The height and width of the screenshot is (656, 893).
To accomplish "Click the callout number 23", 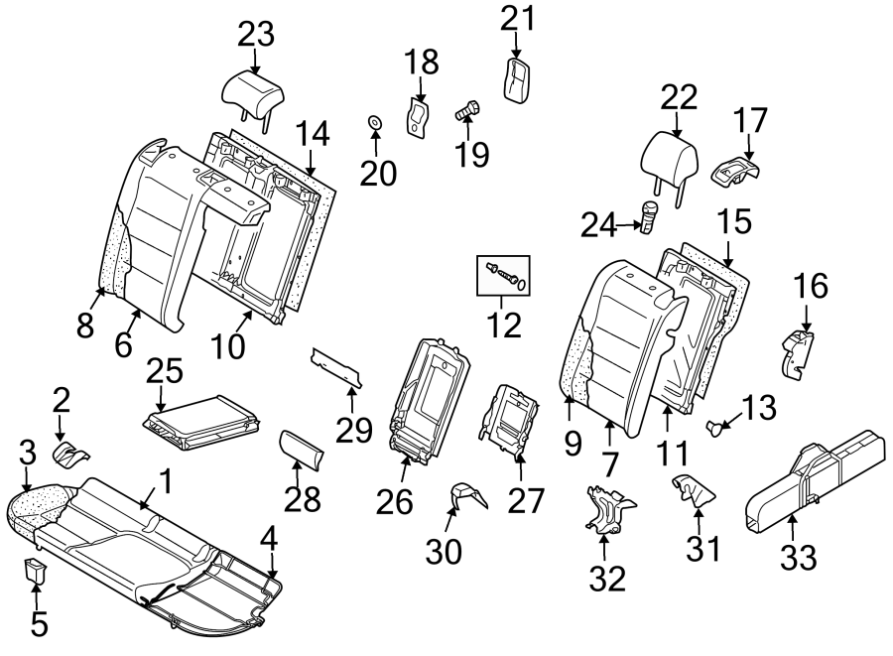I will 255,35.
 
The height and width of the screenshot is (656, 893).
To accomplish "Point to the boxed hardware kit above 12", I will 507,274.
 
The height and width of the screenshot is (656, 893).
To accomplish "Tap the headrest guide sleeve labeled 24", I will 649,216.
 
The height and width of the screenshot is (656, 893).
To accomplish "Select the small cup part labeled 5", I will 36,571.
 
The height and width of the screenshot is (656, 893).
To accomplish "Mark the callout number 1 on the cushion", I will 166,482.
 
